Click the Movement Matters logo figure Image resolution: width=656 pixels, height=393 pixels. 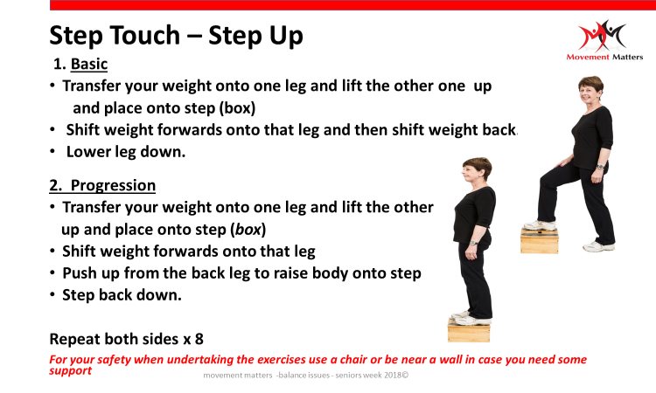[x=603, y=36]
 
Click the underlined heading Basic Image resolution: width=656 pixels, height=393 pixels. [x=88, y=64]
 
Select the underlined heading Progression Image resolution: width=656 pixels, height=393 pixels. [x=113, y=185]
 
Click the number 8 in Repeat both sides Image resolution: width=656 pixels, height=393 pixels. [x=199, y=339]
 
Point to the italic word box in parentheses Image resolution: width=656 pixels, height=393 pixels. [x=248, y=230]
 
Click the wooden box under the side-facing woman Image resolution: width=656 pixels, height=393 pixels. [x=469, y=330]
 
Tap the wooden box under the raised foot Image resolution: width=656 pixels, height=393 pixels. [x=540, y=241]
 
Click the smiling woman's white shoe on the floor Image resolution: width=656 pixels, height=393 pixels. [x=598, y=246]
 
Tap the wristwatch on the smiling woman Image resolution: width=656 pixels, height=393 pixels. [x=601, y=167]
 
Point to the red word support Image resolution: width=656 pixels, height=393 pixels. [x=70, y=371]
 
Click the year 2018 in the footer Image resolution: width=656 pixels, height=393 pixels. [x=393, y=375]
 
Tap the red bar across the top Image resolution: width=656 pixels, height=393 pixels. [x=352, y=5]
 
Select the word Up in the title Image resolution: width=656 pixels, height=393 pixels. [x=286, y=35]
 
